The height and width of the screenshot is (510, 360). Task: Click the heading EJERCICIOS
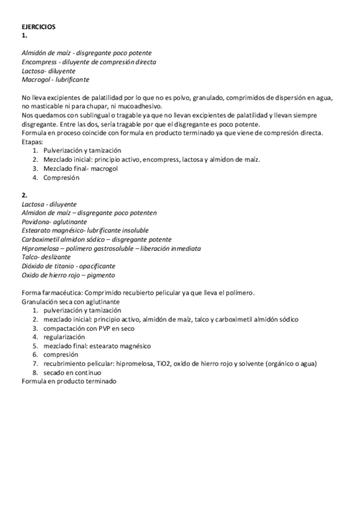(38, 27)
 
